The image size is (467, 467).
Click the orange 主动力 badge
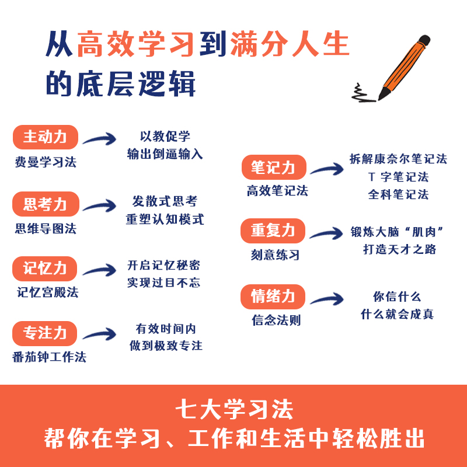click(x=46, y=137)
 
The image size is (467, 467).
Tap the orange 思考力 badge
click(x=46, y=204)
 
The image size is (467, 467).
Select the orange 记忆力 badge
click(x=45, y=269)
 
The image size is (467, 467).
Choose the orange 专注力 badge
click(x=45, y=333)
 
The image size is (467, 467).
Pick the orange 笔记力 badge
click(x=274, y=167)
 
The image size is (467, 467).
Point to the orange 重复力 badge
click(x=273, y=231)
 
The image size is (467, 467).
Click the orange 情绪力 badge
click(x=273, y=297)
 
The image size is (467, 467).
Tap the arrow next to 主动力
click(x=100, y=139)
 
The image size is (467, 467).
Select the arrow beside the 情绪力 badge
click(x=327, y=299)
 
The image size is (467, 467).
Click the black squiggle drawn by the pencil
click(x=362, y=94)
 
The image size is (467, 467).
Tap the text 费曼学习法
click(x=46, y=162)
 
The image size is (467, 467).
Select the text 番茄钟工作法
click(x=49, y=357)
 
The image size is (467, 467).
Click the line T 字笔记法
click(x=399, y=177)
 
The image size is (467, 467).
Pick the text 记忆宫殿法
click(x=48, y=292)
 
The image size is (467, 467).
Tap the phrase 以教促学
click(x=165, y=137)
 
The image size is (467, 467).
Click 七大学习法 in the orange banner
click(x=235, y=410)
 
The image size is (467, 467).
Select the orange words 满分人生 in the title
click(x=290, y=44)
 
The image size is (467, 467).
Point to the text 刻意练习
click(x=275, y=255)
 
